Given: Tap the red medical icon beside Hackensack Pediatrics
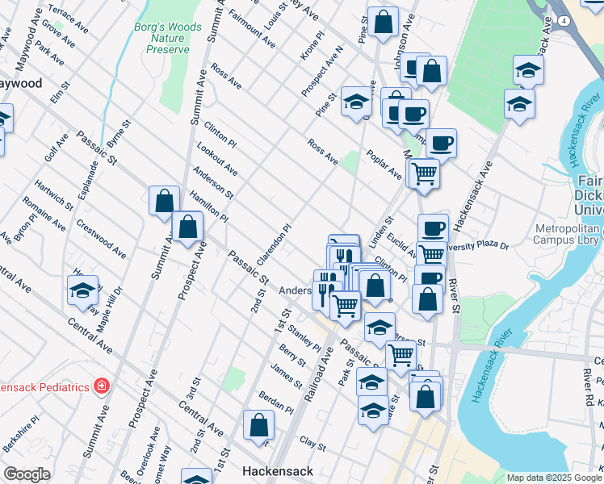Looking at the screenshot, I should click(x=101, y=386).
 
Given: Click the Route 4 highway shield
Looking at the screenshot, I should click(x=560, y=19).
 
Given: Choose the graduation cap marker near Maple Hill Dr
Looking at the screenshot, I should click(x=82, y=290).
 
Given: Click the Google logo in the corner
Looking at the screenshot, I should click(x=27, y=474).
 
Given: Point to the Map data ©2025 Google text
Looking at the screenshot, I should click(x=554, y=478).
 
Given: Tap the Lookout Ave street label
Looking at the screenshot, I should click(x=216, y=158).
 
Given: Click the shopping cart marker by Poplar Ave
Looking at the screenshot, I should click(x=423, y=172).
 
